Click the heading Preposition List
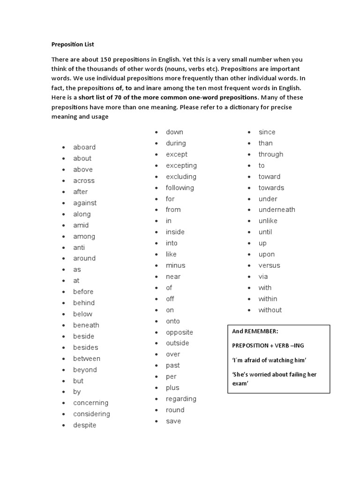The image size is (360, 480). click(x=73, y=45)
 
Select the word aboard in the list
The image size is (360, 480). click(x=84, y=147)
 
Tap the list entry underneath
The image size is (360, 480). click(x=277, y=210)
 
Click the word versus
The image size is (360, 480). click(x=269, y=265)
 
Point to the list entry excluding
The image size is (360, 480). click(x=181, y=177)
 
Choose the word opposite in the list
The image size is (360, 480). click(x=179, y=332)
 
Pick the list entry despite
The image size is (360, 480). click(x=84, y=425)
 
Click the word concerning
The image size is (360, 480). click(x=90, y=403)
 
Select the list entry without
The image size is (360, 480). click(x=270, y=310)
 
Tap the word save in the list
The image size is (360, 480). click(x=173, y=421)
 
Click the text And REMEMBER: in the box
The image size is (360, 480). click(x=255, y=331)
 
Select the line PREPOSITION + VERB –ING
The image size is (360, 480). click(x=267, y=345)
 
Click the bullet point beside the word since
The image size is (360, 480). click(x=249, y=133)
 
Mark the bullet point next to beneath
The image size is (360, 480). click(x=63, y=326)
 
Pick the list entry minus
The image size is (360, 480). click(x=175, y=265)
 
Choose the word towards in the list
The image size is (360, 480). click(x=271, y=187)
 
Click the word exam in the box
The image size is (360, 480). click(x=240, y=383)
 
